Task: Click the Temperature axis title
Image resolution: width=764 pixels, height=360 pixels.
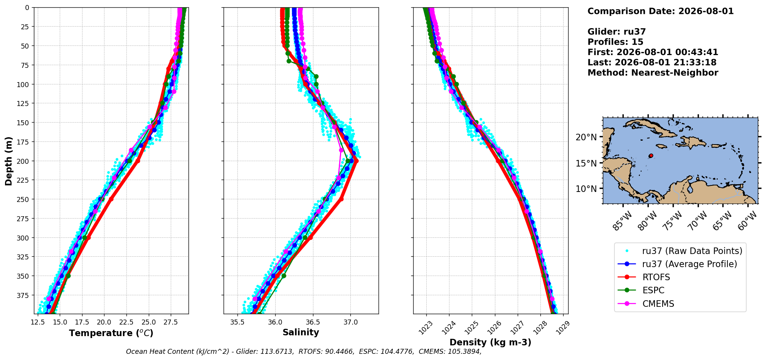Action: point(111,333)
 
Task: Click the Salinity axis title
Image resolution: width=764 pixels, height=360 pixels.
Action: point(301,333)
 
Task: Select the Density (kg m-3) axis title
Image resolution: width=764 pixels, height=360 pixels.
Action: point(490,342)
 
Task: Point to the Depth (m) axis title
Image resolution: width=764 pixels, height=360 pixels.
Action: point(8,161)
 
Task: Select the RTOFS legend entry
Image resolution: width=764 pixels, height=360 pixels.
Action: point(656,278)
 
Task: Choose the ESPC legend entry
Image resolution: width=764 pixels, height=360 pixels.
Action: point(653,291)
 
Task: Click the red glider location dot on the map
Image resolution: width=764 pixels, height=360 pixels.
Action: point(651,156)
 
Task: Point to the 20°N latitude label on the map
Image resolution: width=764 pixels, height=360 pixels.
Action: point(586,138)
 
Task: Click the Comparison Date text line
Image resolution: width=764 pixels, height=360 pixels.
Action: point(660,11)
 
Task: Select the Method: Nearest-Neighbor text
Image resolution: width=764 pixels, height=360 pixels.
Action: point(653,73)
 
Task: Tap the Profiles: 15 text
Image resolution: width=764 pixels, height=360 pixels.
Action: point(615,42)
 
